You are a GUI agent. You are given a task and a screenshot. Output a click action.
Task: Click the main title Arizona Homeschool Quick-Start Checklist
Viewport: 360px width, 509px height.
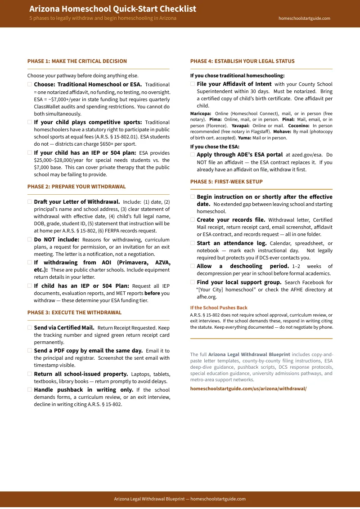pyautogui.click(x=112, y=9)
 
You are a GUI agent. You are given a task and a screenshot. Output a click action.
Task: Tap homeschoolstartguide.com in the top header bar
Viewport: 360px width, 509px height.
pyautogui.click(x=304, y=18)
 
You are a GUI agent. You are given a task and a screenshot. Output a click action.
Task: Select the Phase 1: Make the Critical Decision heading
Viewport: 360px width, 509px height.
pyautogui.click(x=77, y=61)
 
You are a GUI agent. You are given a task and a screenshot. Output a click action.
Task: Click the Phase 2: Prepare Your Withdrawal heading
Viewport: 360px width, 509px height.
pyautogui.click(x=76, y=187)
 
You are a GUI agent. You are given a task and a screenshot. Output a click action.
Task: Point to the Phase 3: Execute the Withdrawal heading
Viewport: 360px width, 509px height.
pyautogui.click(x=74, y=313)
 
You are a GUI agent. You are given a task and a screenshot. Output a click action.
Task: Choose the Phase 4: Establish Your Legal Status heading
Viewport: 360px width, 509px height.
pyautogui.click(x=242, y=61)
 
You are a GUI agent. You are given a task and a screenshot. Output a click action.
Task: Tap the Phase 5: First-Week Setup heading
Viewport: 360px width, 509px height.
pyautogui.click(x=226, y=182)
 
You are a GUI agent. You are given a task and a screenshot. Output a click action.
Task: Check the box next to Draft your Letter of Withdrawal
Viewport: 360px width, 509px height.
pyautogui.click(x=30, y=202)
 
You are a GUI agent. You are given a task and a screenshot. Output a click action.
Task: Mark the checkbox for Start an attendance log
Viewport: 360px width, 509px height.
pyautogui.click(x=193, y=243)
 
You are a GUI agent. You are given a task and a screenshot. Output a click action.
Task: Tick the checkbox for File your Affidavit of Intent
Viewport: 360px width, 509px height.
pyautogui.click(x=193, y=84)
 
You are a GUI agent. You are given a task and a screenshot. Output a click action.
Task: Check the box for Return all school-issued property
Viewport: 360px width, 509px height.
pyautogui.click(x=30, y=374)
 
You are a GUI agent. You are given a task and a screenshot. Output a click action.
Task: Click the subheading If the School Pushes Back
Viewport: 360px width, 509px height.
pyautogui.click(x=219, y=308)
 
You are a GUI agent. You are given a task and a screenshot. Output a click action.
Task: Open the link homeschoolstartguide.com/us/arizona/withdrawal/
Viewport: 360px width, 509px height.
pyautogui.click(x=248, y=388)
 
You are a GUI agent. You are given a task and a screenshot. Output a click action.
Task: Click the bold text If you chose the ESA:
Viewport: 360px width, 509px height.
pyautogui.click(x=215, y=147)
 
